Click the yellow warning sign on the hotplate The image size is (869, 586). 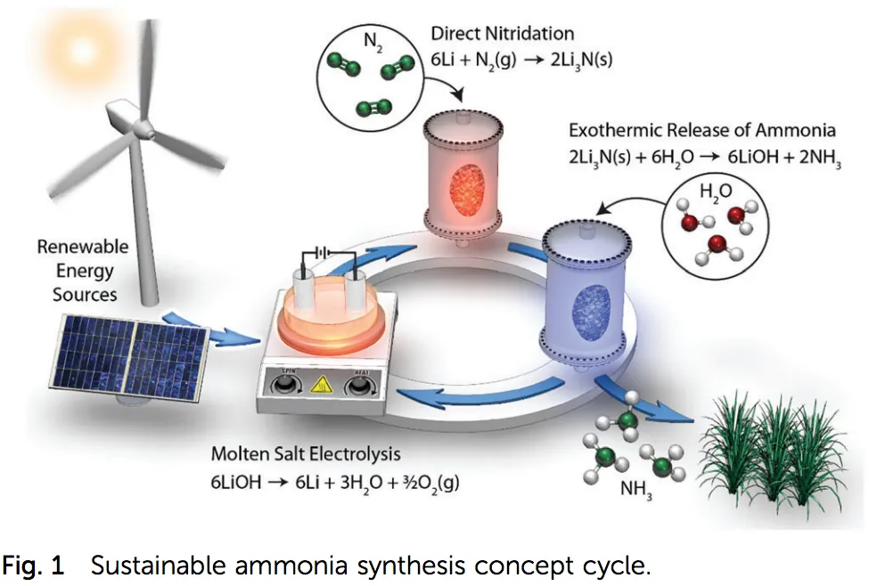pos(318,386)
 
